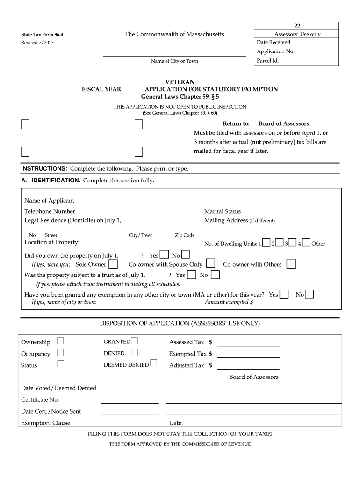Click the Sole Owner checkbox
113,264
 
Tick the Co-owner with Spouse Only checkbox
211,264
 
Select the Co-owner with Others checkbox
291,264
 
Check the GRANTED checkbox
135,341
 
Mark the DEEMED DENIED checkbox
153,364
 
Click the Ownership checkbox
60,341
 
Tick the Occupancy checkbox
60,353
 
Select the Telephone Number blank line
113,212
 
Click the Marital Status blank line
289,212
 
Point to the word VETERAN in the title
180,82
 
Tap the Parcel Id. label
267,61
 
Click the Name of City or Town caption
174,61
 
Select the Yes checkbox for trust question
192,275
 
